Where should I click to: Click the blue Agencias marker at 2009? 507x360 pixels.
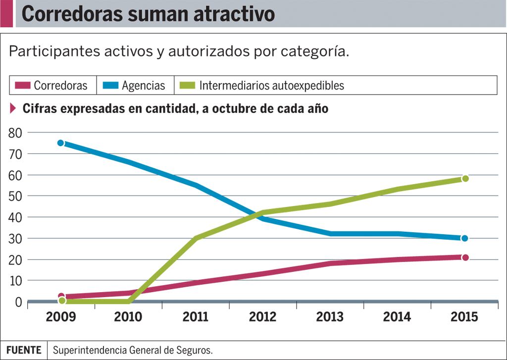pos(61,143)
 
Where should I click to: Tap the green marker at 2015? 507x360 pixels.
pos(465,178)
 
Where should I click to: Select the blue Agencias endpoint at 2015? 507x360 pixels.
pos(464,238)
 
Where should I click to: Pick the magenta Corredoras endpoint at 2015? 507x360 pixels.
pos(465,257)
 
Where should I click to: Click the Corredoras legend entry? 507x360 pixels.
pos(51,85)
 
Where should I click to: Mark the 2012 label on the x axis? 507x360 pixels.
pos(262,317)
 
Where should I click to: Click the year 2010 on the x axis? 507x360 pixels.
pos(128,317)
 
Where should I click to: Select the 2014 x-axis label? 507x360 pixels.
pos(397,317)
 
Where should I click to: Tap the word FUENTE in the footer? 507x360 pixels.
pos(24,350)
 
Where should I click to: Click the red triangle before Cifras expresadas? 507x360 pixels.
pos(13,108)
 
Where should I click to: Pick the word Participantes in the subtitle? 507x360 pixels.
pos(44,51)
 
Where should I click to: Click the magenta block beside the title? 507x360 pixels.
pos(6,13)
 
